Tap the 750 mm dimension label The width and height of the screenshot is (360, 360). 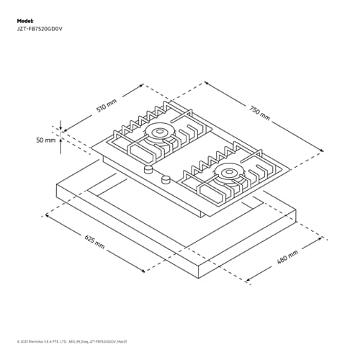coord(260,112)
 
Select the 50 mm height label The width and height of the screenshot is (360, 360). coord(45,140)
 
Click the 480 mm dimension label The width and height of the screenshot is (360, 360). coord(287,257)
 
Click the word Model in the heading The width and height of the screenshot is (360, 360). coord(25,22)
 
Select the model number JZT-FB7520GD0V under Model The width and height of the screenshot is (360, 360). coord(45,30)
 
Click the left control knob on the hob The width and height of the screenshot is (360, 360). coord(148,170)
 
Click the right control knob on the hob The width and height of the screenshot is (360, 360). coord(166,179)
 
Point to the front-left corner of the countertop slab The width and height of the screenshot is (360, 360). coord(58,189)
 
